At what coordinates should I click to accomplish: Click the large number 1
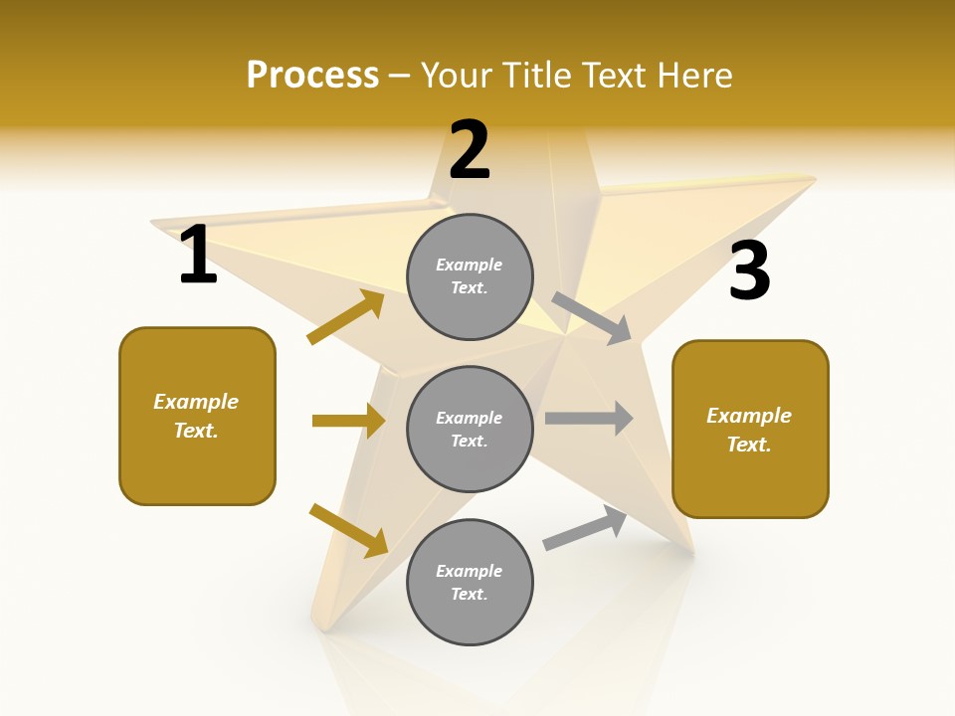pyautogui.click(x=198, y=255)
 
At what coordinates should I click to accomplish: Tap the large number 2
pyautogui.click(x=470, y=150)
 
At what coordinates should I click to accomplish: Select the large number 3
pyautogui.click(x=749, y=270)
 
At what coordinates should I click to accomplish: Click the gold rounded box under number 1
pyautogui.click(x=197, y=416)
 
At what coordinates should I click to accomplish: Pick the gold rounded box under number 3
pyautogui.click(x=750, y=429)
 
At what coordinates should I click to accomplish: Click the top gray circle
pyautogui.click(x=470, y=276)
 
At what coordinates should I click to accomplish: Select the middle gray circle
pyautogui.click(x=470, y=429)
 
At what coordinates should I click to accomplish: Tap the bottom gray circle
pyautogui.click(x=470, y=582)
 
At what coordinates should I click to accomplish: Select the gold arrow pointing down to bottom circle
pyautogui.click(x=348, y=530)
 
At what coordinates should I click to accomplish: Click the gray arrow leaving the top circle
pyautogui.click(x=592, y=318)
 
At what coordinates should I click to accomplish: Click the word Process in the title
pyautogui.click(x=312, y=75)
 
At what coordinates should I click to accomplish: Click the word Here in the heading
pyautogui.click(x=696, y=75)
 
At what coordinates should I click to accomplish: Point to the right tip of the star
pyautogui.click(x=814, y=179)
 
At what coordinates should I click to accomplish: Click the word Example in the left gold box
pyautogui.click(x=196, y=402)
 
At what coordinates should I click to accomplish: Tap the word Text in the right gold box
pyautogui.click(x=748, y=445)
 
